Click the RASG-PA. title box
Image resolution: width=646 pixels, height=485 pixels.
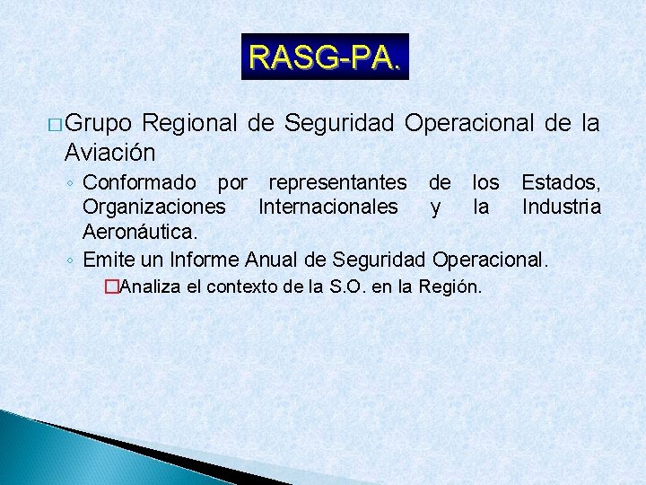[325, 57]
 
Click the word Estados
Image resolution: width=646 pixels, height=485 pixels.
[560, 183]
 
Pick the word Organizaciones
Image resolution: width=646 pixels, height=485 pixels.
[154, 207]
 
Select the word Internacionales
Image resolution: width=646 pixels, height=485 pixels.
[327, 207]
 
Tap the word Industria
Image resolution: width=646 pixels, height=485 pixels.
[562, 207]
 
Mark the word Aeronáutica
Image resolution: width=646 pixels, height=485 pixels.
[138, 232]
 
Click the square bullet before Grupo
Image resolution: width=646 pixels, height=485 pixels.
[55, 124]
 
